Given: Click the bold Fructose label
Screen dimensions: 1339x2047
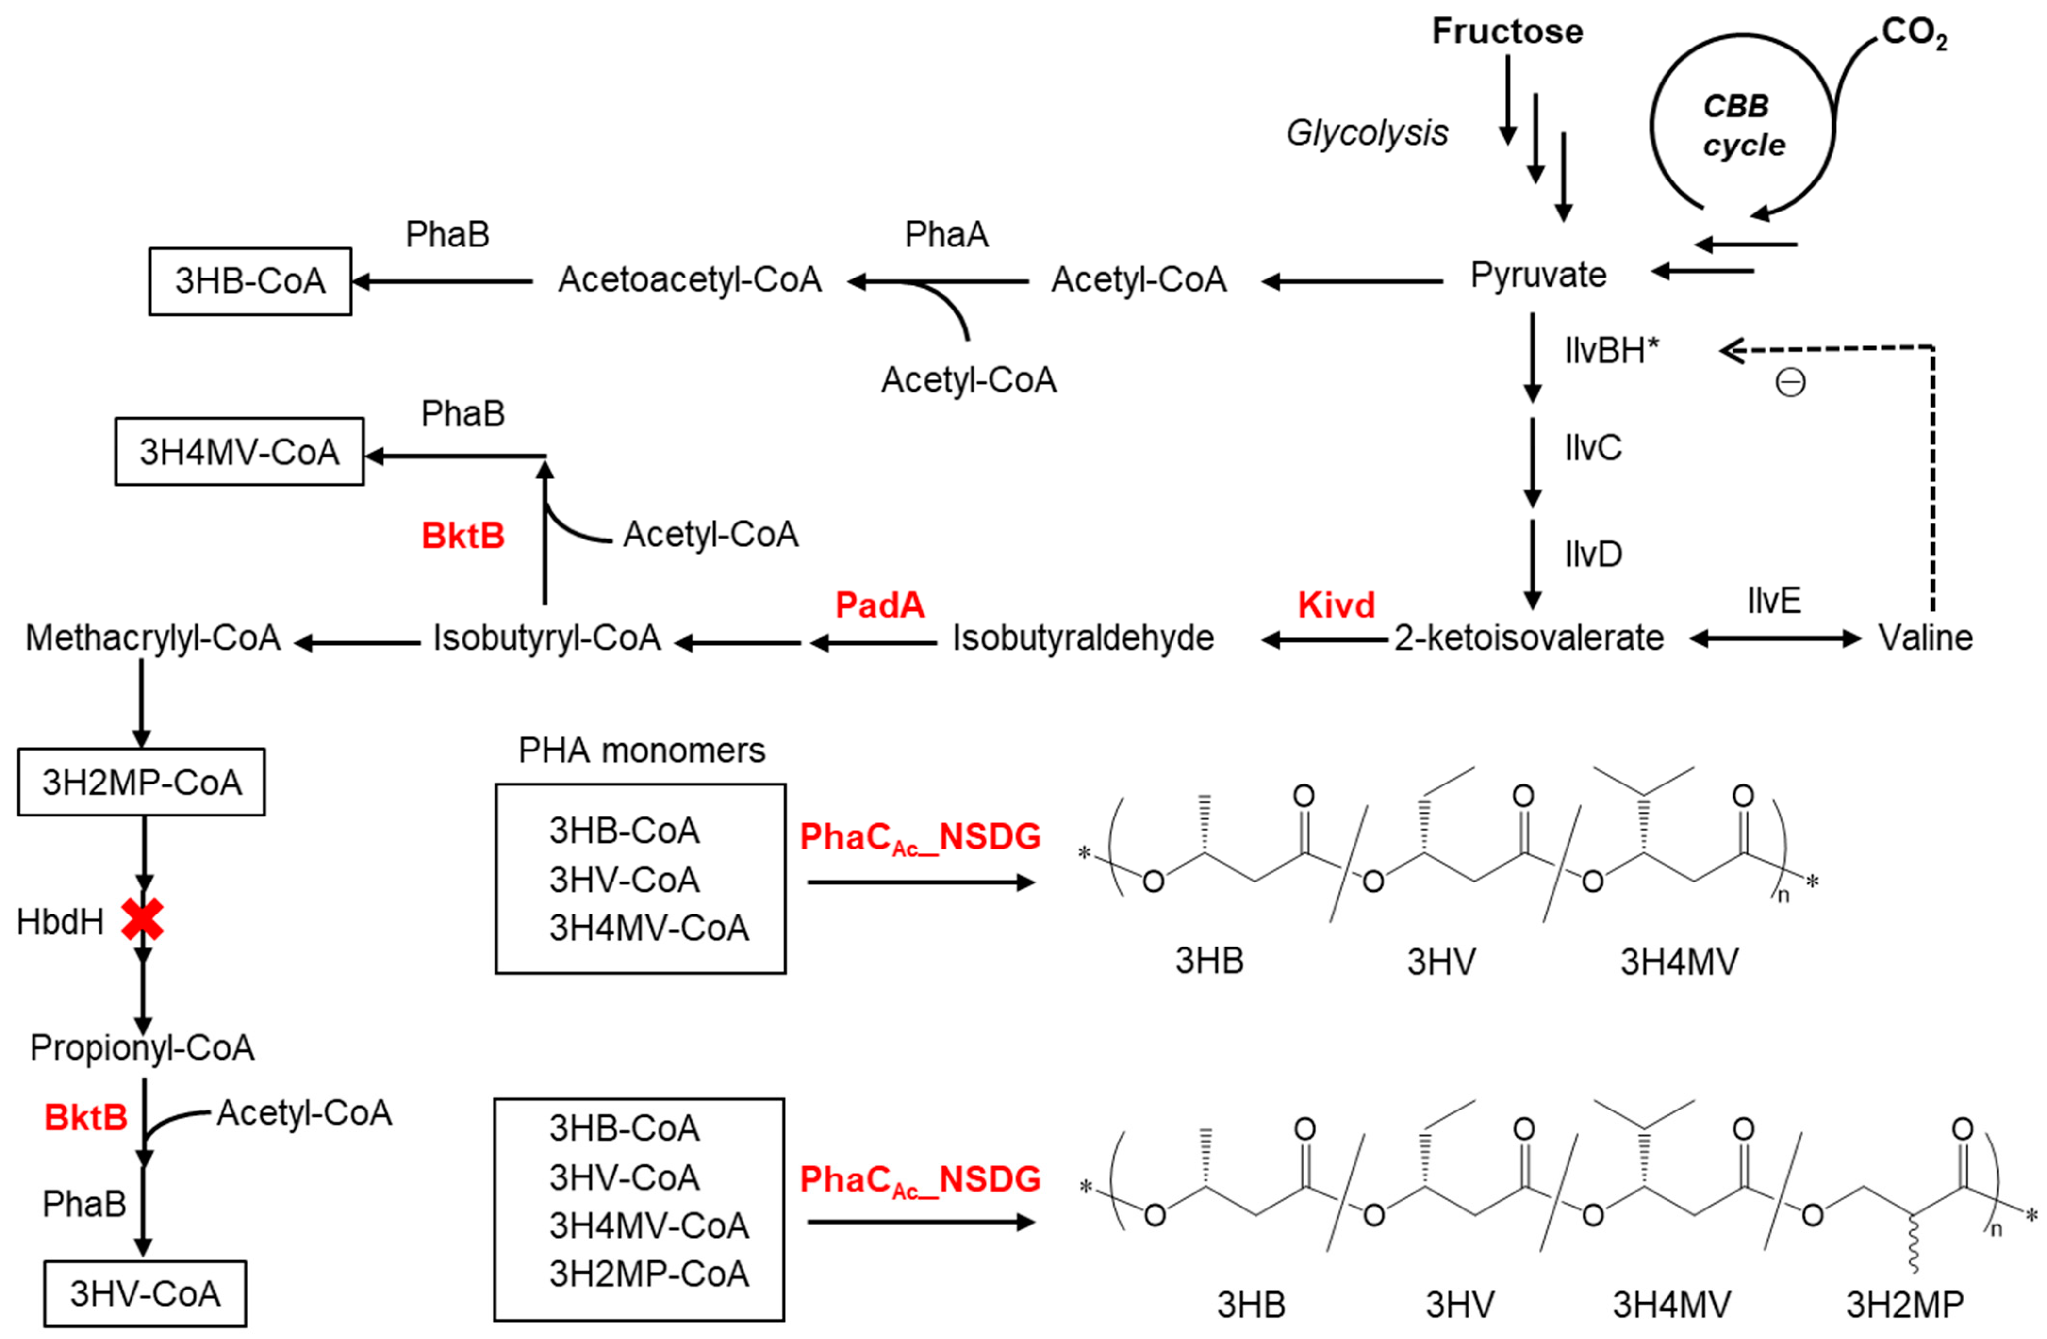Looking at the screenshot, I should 1507,32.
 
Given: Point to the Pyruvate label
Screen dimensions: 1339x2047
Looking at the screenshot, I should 1538,275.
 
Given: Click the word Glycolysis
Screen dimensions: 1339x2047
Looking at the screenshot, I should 1367,133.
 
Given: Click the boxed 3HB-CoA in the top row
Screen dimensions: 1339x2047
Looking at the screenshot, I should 250,281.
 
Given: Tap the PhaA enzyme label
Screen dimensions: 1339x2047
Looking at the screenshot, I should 946,235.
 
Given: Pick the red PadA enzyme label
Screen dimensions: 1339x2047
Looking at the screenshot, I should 880,605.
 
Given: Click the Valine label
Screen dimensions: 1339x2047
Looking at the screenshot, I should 1925,638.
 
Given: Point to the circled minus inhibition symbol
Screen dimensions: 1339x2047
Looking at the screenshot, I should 1791,383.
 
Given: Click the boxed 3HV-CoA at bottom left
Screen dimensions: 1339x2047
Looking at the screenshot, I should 146,1293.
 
